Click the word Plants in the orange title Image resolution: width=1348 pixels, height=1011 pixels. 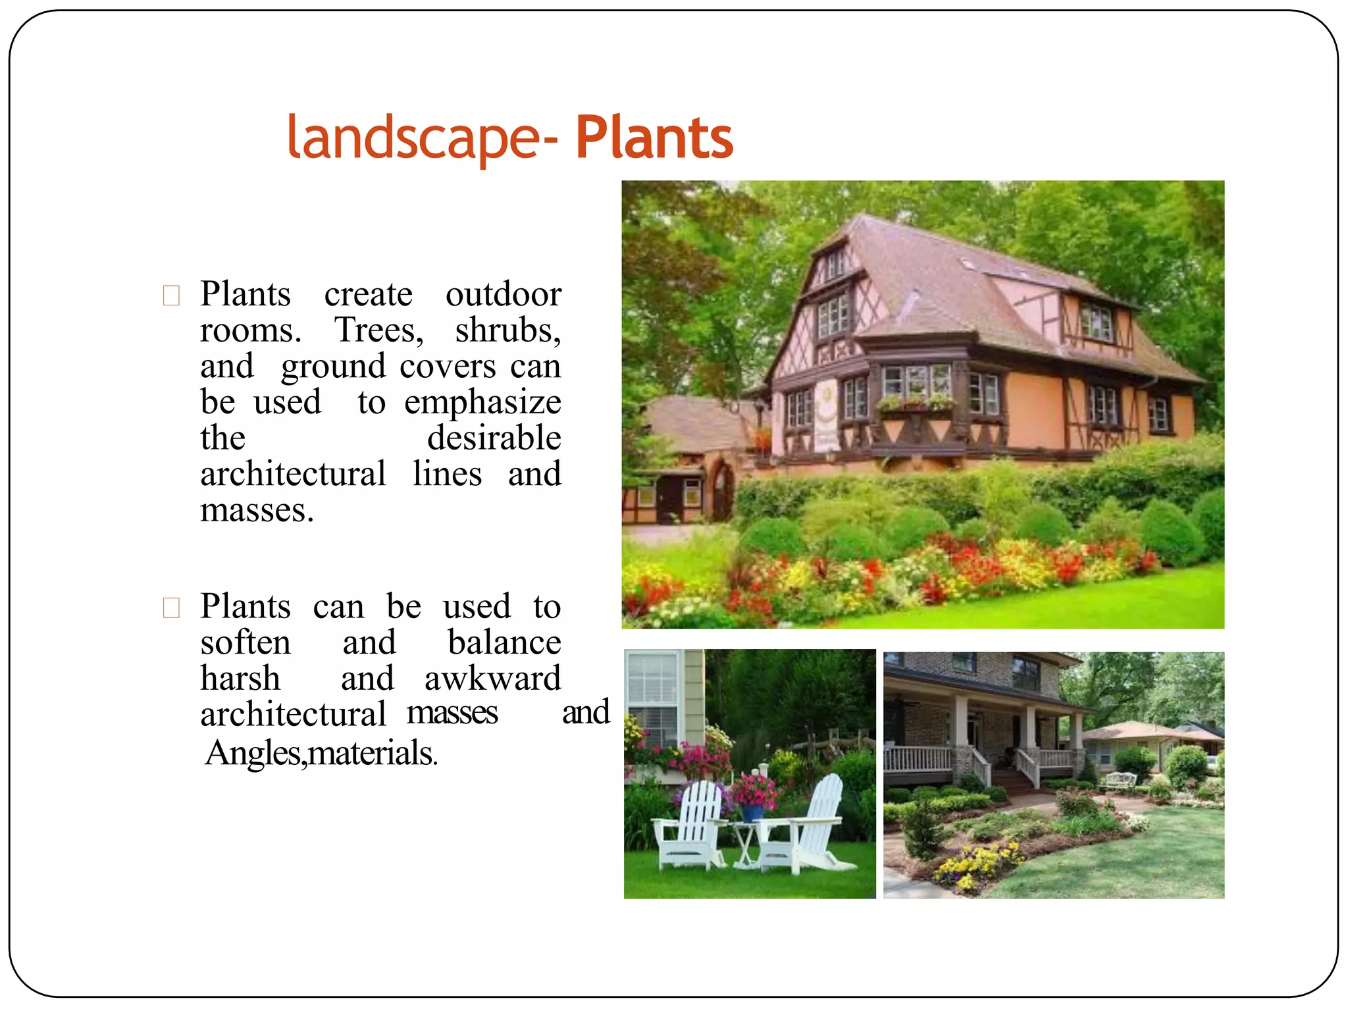coord(654,138)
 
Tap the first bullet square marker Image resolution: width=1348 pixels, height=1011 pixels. coord(171,296)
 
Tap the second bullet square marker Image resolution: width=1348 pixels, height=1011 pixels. coord(171,608)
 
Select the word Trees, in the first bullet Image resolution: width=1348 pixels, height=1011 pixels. coord(379,330)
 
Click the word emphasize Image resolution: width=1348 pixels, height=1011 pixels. coord(482,402)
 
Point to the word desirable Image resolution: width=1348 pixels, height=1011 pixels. coord(494,438)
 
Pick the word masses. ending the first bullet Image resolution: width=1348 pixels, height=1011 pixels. coord(257,511)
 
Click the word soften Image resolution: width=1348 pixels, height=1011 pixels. coord(245,643)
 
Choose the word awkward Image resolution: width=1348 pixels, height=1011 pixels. coord(492,679)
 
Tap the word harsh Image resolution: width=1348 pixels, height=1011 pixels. coord(240,679)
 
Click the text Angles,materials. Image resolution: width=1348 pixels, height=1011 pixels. coord(321,753)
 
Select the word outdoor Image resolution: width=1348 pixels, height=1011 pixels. coord(503,294)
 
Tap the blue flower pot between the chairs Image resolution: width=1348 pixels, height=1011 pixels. coord(752,812)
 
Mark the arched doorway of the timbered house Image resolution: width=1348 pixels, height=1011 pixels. coord(722,491)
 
